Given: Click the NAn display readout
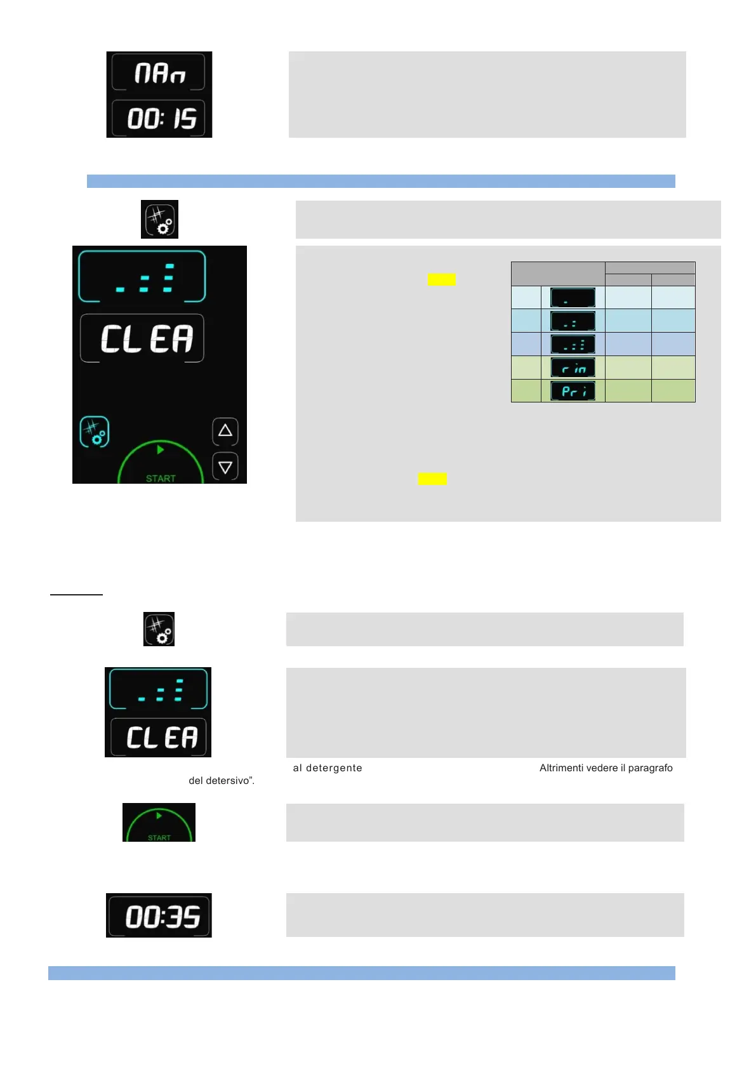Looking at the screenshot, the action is point(159,73).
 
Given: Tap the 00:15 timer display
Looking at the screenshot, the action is point(159,118).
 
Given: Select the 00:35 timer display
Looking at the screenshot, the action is point(159,916).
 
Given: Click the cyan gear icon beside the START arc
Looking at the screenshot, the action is point(95,432).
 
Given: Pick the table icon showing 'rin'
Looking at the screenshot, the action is point(573,368).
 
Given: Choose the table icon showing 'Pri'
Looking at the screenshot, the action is point(573,391).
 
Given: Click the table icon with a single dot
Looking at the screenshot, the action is point(573,297).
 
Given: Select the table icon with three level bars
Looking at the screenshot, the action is point(573,344).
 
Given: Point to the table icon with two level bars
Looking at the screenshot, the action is point(573,321).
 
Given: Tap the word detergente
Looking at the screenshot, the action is point(334,768).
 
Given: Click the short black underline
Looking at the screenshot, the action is point(76,595).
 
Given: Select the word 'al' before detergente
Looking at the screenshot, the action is point(297,768).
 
